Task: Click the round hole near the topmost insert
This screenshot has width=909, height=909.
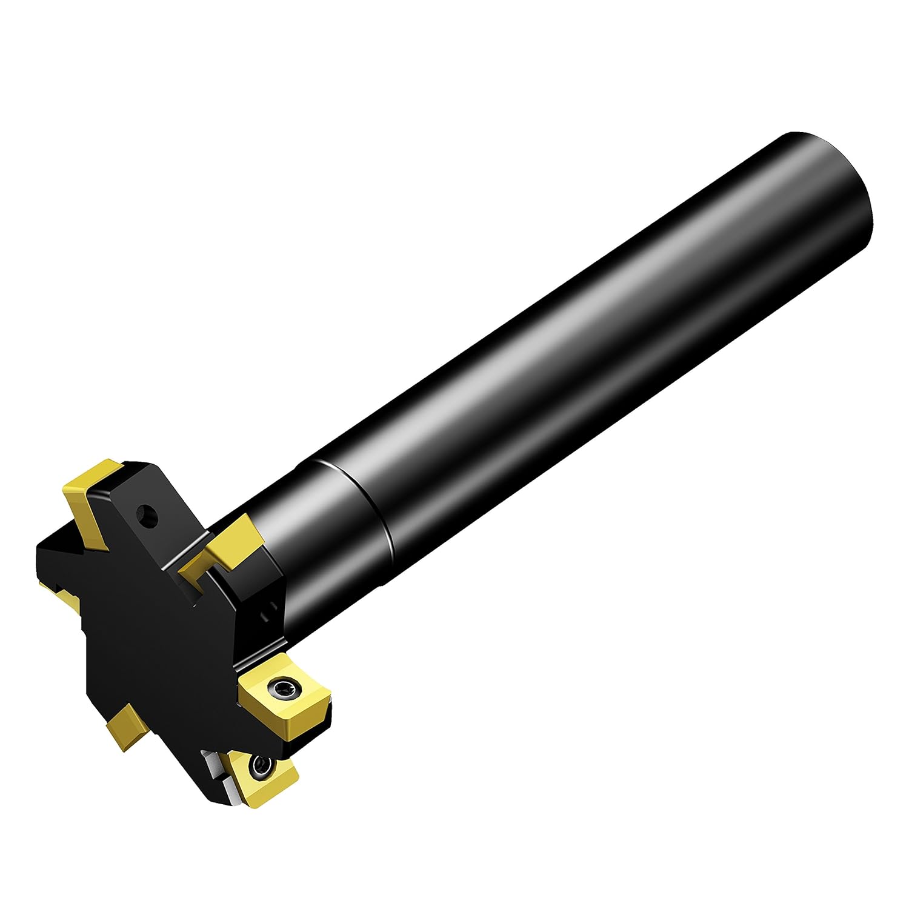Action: click(x=147, y=518)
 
